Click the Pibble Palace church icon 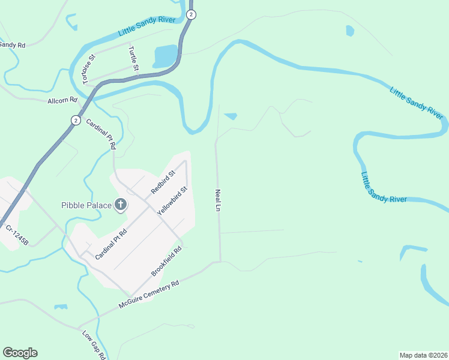pos(120,205)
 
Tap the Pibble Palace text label pos(86,205)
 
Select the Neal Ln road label pos(218,200)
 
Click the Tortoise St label pos(89,69)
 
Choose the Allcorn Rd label pos(63,100)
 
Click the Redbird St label pos(163,182)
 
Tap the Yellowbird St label pos(173,201)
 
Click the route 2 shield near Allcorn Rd pos(75,120)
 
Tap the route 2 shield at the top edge pos(191,14)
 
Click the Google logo pos(20,353)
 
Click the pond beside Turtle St pos(165,56)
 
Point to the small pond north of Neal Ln pos(231,116)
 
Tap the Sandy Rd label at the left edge pos(12,45)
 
